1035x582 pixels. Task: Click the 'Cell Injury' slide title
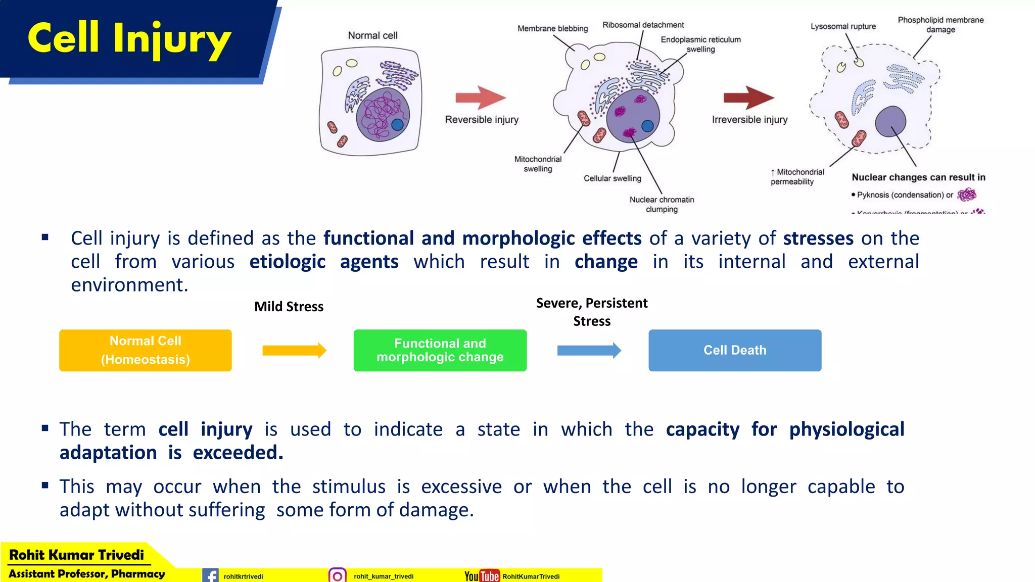(129, 38)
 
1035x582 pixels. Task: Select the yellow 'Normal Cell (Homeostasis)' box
(146, 350)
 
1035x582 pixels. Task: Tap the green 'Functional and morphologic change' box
(440, 350)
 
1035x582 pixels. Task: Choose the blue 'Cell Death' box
(735, 350)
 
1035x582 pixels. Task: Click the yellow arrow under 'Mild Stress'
(294, 350)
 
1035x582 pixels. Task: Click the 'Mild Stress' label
(289, 307)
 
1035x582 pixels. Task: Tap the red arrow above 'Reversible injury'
(480, 98)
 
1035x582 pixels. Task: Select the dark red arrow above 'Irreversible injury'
(748, 98)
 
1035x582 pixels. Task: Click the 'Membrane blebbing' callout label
(552, 28)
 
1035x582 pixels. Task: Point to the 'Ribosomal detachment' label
(643, 25)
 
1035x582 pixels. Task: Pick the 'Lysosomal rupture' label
(843, 26)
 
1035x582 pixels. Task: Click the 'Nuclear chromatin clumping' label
(662, 204)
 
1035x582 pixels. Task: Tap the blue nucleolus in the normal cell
(397, 124)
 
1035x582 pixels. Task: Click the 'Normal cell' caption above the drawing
(372, 35)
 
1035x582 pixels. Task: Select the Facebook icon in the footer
(210, 575)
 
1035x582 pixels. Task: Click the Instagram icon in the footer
(337, 575)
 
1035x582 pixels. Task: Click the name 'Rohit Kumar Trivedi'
(76, 555)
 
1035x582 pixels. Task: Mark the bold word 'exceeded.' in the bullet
(238, 453)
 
